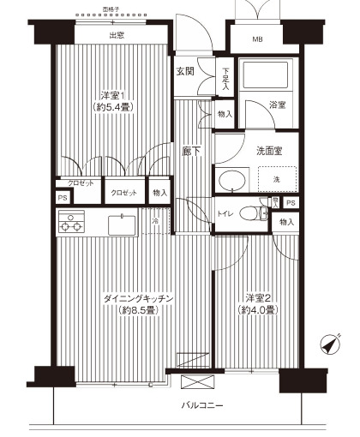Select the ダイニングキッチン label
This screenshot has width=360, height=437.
click(139, 297)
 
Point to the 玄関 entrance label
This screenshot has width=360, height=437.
click(185, 71)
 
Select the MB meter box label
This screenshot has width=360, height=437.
click(258, 40)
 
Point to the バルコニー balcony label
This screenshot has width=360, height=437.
click(203, 404)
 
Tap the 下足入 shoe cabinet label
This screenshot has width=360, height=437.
click(225, 78)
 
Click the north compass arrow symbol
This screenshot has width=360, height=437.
click(327, 344)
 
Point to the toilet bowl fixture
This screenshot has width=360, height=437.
click(249, 213)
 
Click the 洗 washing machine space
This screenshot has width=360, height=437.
click(276, 178)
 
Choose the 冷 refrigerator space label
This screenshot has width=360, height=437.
click(155, 221)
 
